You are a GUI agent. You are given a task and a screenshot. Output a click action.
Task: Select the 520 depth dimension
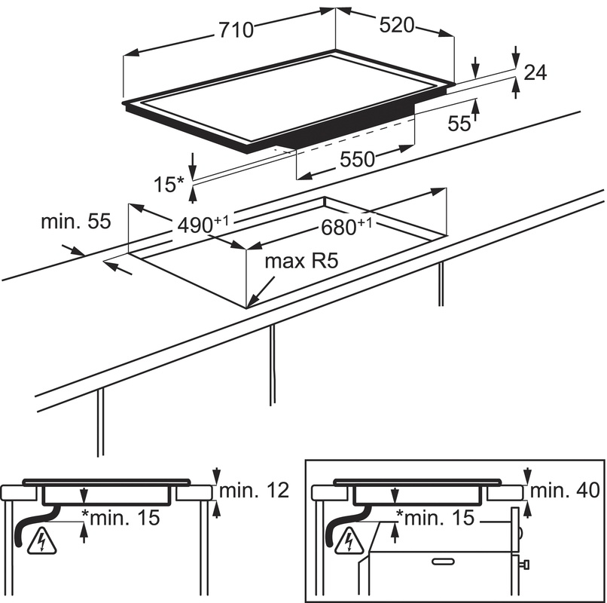[396, 25]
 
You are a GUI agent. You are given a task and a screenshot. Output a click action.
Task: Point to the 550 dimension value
[357, 159]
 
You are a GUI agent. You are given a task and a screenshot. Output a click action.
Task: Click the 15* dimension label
[170, 184]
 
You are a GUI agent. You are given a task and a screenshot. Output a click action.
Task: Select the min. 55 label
[75, 222]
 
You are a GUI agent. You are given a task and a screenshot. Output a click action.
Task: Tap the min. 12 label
[253, 491]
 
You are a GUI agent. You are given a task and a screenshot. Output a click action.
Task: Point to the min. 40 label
[564, 491]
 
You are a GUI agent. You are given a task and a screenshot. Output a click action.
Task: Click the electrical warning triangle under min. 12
[38, 540]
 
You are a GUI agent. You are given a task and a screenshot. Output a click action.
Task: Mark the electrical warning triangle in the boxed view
[349, 540]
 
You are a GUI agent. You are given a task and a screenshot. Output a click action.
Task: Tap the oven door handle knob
[526, 564]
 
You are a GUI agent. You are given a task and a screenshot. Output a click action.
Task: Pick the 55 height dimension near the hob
[459, 124]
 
